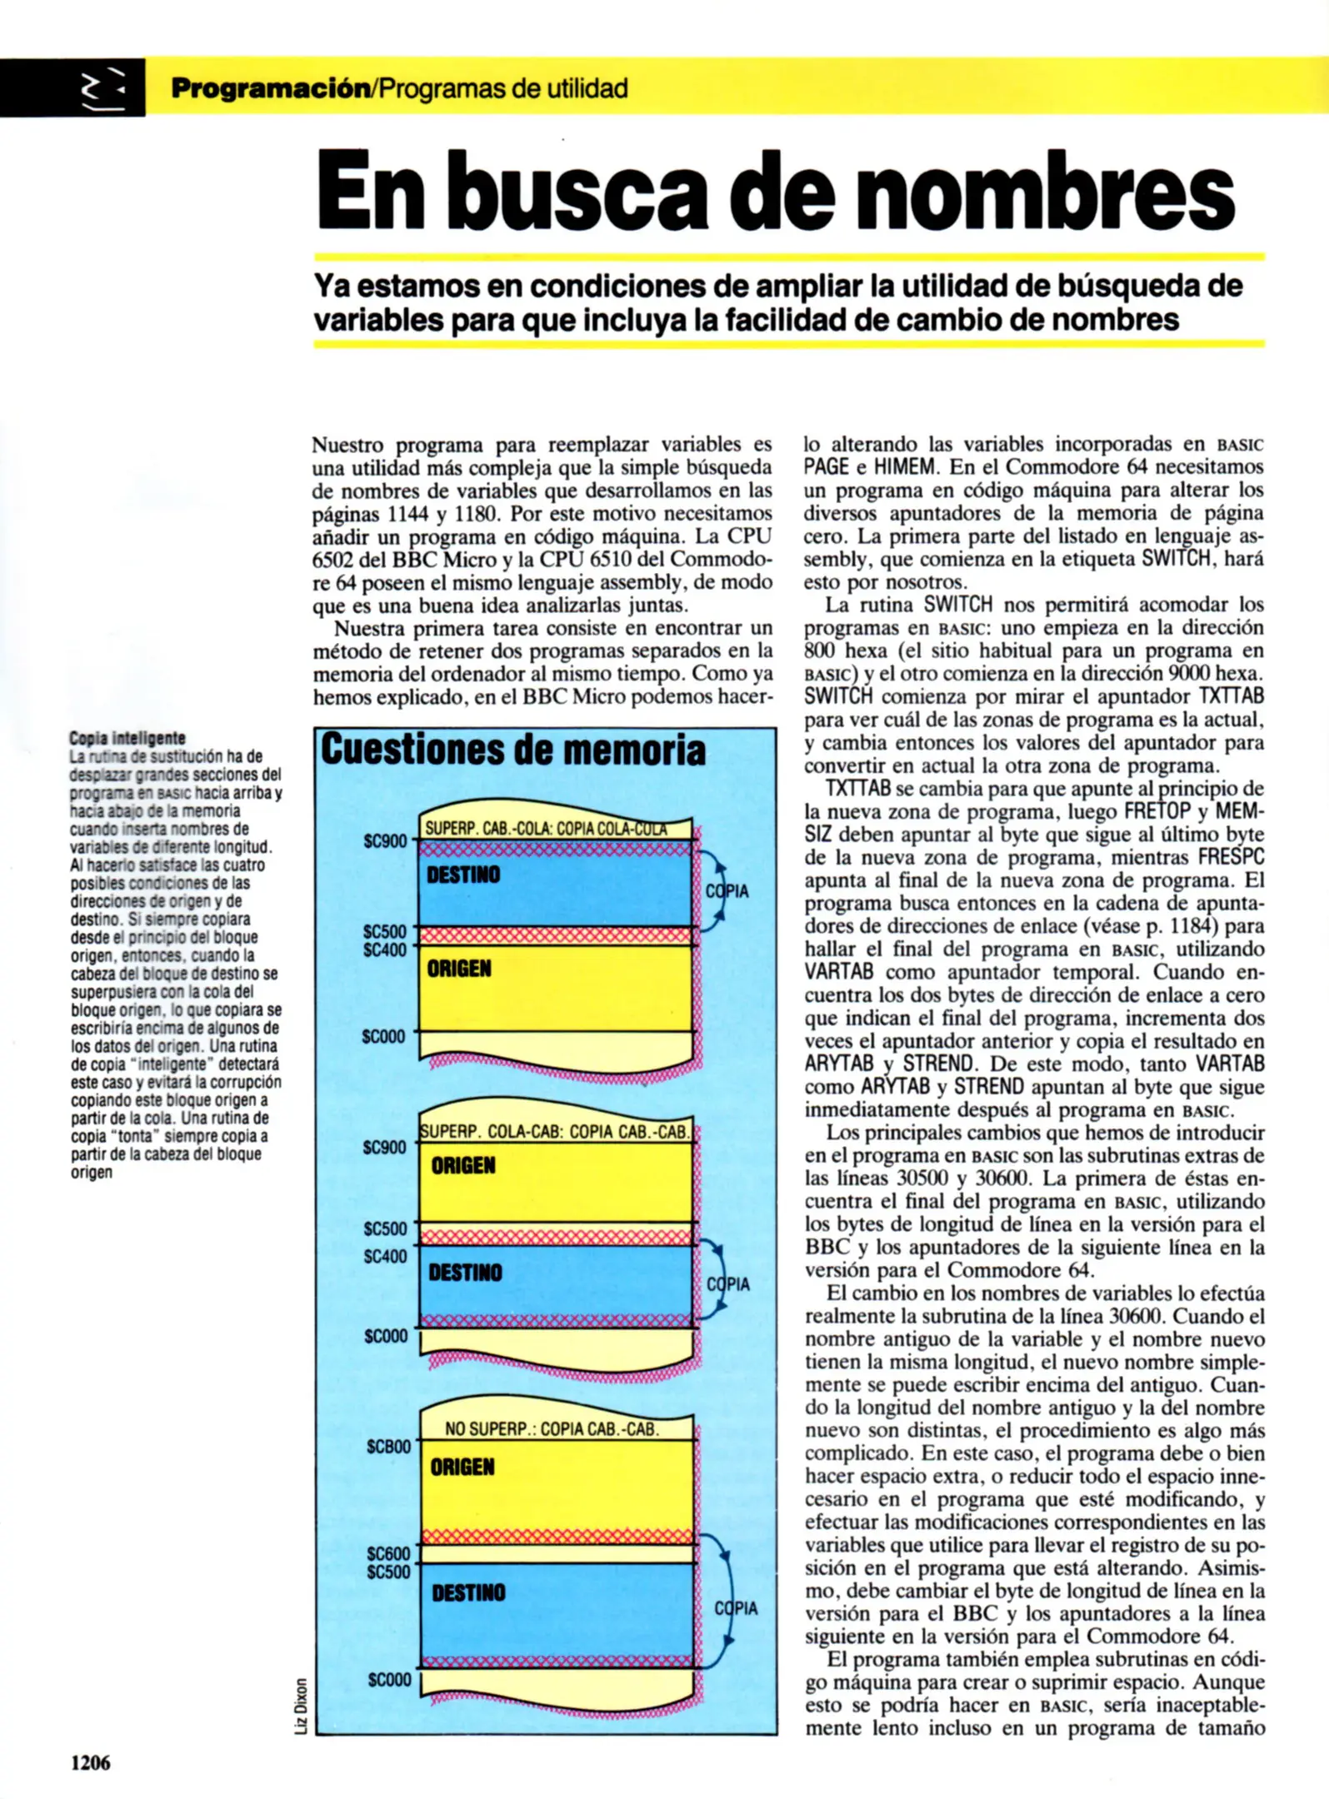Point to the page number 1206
tap(90, 1762)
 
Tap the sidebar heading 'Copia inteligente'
tap(127, 738)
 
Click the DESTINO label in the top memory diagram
tap(463, 875)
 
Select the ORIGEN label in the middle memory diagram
tap(463, 1165)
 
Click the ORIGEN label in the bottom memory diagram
tap(462, 1467)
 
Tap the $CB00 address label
tap(388, 1447)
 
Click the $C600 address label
tap(388, 1553)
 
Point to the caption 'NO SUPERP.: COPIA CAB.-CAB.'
tap(552, 1429)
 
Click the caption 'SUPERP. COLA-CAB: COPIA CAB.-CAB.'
tap(554, 1132)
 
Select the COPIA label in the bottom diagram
tap(736, 1608)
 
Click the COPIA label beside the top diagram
tap(727, 891)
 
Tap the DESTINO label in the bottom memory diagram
tap(468, 1593)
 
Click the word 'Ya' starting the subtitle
tap(331, 286)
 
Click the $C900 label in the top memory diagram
tap(385, 841)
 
